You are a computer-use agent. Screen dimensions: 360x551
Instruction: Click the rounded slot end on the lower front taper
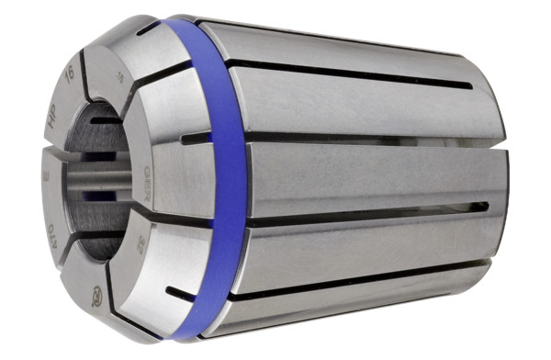(171, 295)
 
